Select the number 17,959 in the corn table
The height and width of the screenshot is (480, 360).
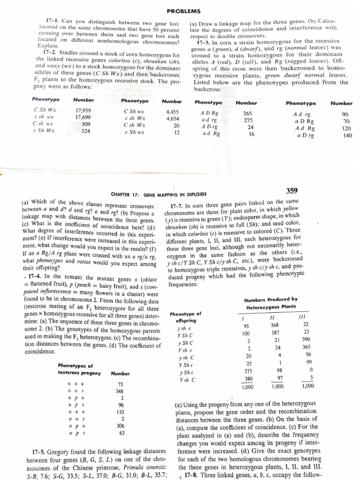[x=83, y=111]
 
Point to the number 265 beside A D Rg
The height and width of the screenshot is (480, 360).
[x=247, y=113]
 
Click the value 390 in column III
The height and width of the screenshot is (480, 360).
[x=307, y=339]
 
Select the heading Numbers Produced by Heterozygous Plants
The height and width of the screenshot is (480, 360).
[x=274, y=303]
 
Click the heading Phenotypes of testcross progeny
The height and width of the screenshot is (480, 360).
[x=75, y=369]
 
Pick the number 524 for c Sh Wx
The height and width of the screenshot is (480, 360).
[x=86, y=132]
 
